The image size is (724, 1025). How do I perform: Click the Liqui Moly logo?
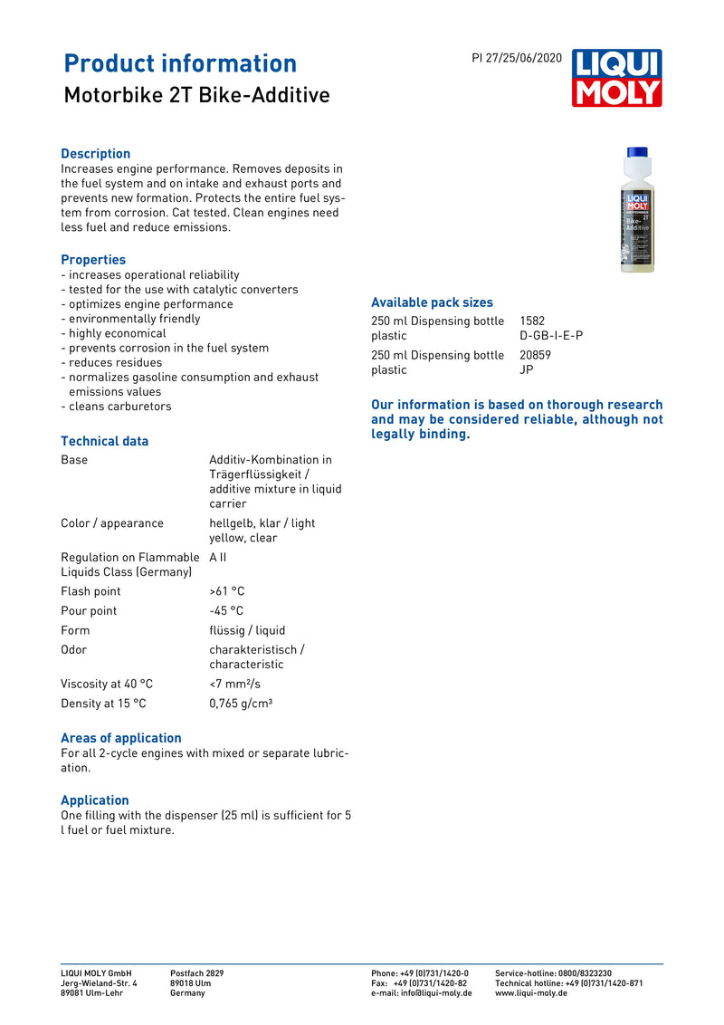(616, 78)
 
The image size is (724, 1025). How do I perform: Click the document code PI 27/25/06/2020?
(517, 58)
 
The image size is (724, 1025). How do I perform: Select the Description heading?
(95, 154)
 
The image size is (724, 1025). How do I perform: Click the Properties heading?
(93, 260)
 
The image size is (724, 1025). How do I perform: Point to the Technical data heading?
(104, 441)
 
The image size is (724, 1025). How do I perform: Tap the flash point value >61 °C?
(226, 591)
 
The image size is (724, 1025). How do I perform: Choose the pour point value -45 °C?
(226, 611)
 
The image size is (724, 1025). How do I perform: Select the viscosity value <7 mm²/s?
(234, 684)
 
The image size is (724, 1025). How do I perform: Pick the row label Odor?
(74, 650)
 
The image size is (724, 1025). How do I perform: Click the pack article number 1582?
(532, 321)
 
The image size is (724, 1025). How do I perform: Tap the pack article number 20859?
(535, 355)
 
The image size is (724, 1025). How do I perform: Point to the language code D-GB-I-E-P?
(551, 335)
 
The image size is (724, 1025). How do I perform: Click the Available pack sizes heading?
(432, 302)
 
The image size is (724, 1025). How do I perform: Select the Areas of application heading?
(120, 738)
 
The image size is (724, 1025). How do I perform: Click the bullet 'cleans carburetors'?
(119, 407)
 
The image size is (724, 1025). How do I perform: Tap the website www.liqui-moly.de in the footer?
(531, 993)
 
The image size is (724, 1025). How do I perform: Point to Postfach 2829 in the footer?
(196, 973)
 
